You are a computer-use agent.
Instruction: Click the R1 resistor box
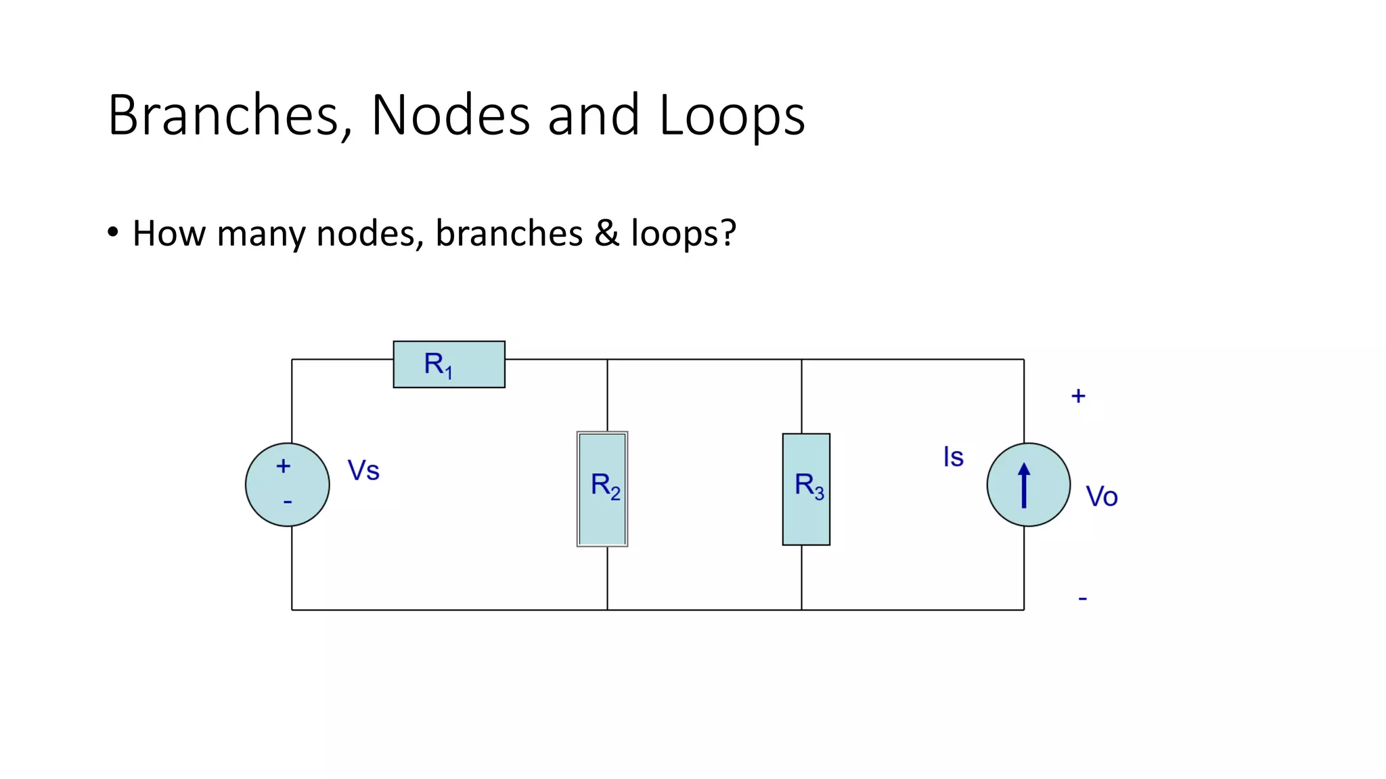tap(449, 364)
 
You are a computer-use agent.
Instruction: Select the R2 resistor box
tap(602, 489)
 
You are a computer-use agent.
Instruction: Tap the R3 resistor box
tap(806, 489)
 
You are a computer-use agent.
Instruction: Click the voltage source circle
tap(288, 485)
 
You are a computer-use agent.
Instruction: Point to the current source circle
tap(1029, 485)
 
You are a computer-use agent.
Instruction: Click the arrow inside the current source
tap(1024, 485)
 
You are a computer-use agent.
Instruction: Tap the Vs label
tap(363, 471)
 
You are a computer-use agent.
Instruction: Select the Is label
tap(953, 457)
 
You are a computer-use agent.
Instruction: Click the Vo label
tap(1101, 497)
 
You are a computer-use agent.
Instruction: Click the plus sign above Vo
tap(1078, 396)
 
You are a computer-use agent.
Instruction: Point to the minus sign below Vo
tap(1082, 598)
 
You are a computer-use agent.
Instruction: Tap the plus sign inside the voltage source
tap(284, 466)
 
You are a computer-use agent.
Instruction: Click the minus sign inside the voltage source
tap(288, 502)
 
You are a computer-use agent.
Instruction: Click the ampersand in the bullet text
tap(607, 233)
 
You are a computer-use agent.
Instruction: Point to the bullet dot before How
tap(113, 233)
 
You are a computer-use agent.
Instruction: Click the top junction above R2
tap(607, 360)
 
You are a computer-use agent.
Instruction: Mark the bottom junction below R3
tap(802, 610)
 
